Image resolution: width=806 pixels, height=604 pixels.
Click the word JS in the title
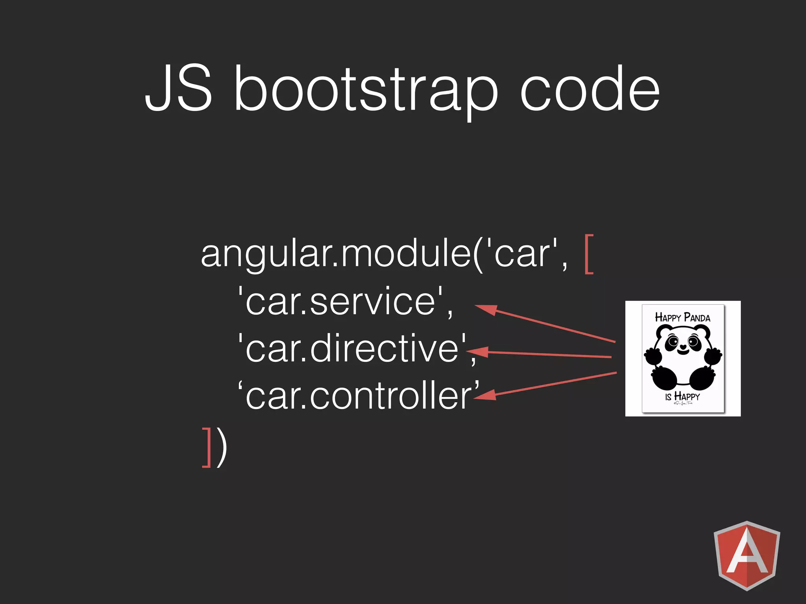point(179,88)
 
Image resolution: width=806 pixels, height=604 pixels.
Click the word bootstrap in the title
point(366,90)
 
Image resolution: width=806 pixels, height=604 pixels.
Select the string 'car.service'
point(346,302)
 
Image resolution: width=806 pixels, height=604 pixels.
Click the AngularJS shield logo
point(747,555)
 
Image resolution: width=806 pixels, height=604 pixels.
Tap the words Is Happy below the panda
point(682,396)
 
